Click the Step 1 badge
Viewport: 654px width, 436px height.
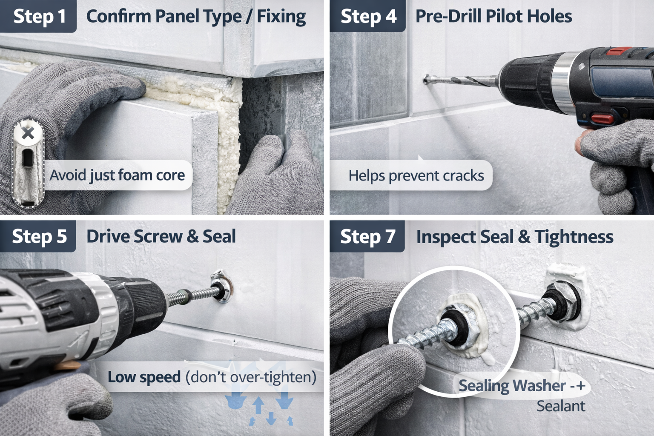pos(39,16)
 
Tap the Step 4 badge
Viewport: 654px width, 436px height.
pos(368,16)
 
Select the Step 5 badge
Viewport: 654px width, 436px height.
pos(39,236)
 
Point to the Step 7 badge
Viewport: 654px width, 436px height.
pos(367,236)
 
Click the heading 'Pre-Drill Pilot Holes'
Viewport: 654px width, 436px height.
pos(493,16)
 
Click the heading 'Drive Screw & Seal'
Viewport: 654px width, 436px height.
pos(161,236)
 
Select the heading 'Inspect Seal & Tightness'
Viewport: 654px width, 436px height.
pos(514,237)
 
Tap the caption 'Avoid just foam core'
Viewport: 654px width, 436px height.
pos(117,175)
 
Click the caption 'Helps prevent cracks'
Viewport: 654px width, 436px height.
pos(416,175)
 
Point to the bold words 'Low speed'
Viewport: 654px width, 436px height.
pos(144,377)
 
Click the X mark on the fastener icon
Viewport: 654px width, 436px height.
pos(28,134)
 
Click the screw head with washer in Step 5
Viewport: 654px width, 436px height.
pos(221,287)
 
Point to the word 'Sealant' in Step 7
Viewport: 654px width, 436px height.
pos(560,406)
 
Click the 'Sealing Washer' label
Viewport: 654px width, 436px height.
pos(512,386)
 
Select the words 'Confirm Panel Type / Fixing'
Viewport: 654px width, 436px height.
pos(196,16)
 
